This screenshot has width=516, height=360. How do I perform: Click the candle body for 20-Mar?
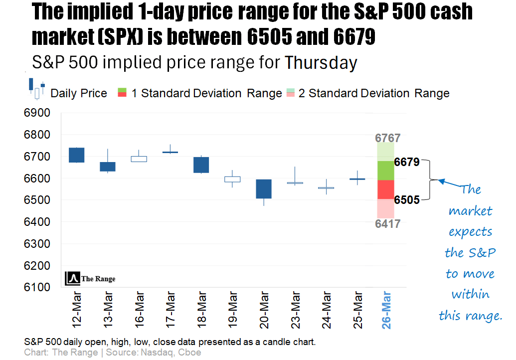pyautogui.click(x=263, y=189)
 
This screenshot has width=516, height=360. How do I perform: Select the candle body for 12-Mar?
pyautogui.click(x=76, y=155)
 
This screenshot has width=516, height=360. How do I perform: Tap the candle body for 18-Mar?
pyautogui.click(x=201, y=165)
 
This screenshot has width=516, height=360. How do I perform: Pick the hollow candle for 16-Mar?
pyautogui.click(x=139, y=159)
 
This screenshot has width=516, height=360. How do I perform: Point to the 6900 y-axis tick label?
pyautogui.click(x=37, y=113)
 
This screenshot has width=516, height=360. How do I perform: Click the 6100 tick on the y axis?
pyautogui.click(x=37, y=287)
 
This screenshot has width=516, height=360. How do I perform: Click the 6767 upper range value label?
pyautogui.click(x=388, y=139)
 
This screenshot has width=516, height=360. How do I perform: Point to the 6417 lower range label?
pyautogui.click(x=388, y=224)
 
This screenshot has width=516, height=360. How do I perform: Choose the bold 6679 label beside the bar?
pyautogui.click(x=407, y=162)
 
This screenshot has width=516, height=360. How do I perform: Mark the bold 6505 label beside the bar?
pyautogui.click(x=407, y=200)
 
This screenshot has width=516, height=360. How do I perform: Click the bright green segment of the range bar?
pyautogui.click(x=385, y=171)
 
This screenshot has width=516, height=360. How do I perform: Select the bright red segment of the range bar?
pyautogui.click(x=385, y=189)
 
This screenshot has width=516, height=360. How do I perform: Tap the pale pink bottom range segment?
pyautogui.click(x=385, y=208)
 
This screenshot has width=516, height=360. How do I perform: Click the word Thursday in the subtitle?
pyautogui.click(x=321, y=63)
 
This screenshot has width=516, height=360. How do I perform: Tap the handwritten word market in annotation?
pyautogui.click(x=470, y=211)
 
